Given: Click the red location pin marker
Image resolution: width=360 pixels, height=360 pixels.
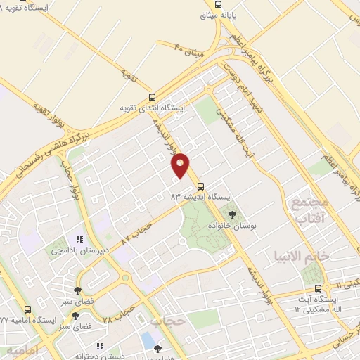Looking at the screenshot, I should click(181, 165).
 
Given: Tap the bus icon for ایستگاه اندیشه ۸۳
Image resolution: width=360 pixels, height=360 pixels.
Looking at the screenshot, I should click(202, 186).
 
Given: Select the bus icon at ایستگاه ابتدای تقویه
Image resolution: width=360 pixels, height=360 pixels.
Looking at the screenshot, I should click(153, 97).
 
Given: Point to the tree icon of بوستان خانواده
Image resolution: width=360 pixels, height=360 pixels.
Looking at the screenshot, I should click(233, 212).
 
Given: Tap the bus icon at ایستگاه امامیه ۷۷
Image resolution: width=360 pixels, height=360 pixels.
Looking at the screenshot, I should click(27, 309).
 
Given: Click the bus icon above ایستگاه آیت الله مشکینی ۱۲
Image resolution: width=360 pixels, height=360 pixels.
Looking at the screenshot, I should click(319, 288).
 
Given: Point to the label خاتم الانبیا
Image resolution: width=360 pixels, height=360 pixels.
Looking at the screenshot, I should click(324, 255).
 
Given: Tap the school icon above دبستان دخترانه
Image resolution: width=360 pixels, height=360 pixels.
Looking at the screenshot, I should click(100, 346).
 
